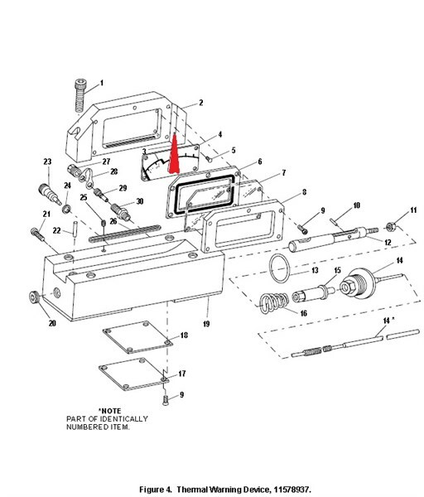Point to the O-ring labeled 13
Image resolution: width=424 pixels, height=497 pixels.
pos(281,268)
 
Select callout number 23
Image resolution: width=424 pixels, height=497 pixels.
pos(47,161)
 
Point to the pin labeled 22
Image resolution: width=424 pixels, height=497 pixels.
pos(75,228)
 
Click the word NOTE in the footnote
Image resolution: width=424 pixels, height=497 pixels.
pos(110,410)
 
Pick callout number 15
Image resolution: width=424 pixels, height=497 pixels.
pos(337,271)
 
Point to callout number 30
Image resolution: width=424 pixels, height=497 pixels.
pos(139,201)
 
